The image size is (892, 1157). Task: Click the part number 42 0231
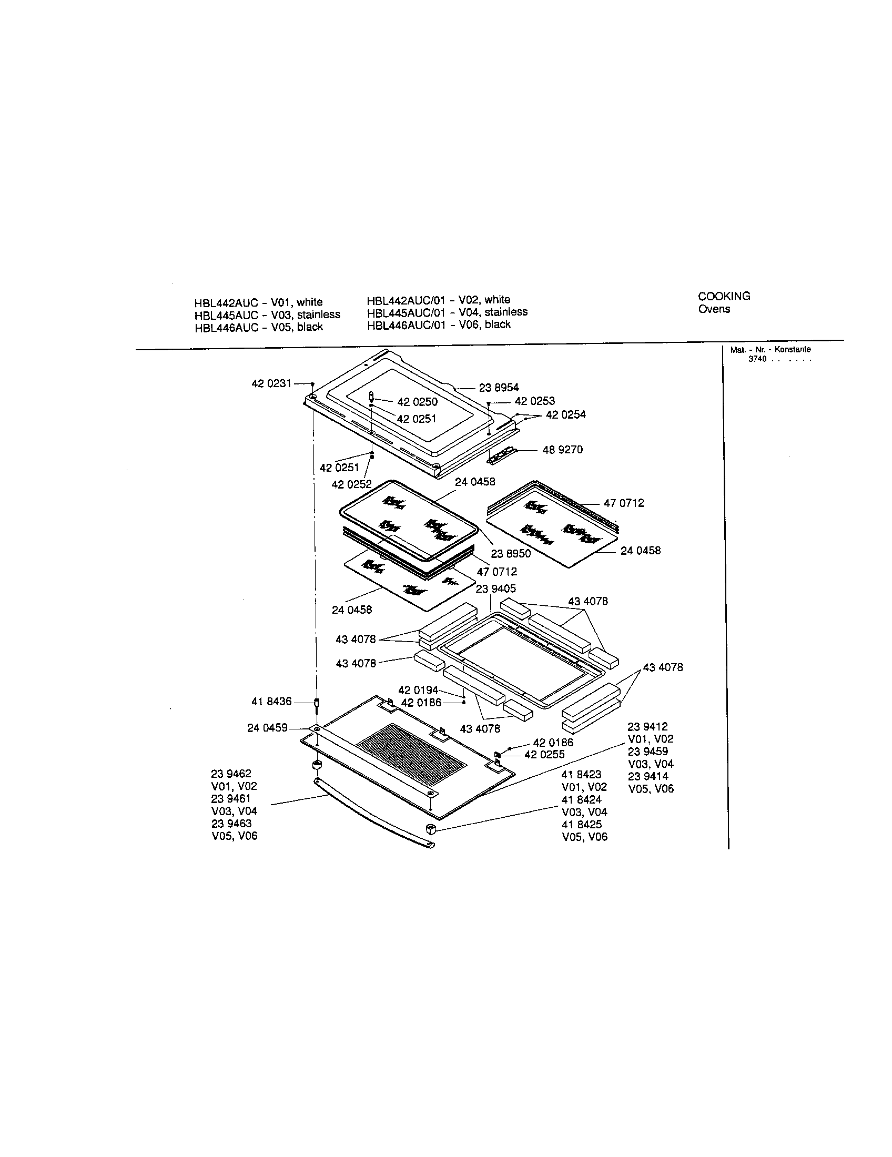click(271, 383)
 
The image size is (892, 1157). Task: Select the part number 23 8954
click(499, 388)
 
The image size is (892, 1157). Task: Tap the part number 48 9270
click(563, 450)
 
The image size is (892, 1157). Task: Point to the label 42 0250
click(418, 402)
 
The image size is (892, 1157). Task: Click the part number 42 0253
click(535, 401)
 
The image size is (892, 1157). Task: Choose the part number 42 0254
click(566, 414)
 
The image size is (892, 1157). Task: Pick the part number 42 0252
click(352, 484)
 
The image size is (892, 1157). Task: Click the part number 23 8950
click(511, 554)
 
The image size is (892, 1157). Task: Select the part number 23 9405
click(496, 588)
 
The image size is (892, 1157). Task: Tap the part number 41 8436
click(271, 702)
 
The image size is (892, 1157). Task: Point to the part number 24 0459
click(268, 728)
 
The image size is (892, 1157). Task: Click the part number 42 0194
click(419, 691)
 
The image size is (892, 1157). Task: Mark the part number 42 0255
click(544, 754)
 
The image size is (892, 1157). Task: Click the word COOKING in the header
click(724, 296)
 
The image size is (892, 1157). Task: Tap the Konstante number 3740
click(757, 359)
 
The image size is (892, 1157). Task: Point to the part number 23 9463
click(231, 824)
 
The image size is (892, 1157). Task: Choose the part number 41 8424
click(582, 799)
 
